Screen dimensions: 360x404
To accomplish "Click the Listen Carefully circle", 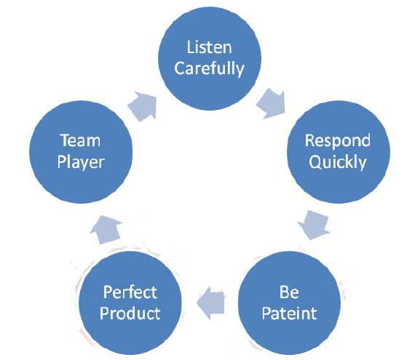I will point(210,59).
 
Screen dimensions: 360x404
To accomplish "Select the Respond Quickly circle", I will point(337,151).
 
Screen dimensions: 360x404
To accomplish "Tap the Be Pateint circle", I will point(289,304).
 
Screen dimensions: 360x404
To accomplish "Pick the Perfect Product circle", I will point(130,304).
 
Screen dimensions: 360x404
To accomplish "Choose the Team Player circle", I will point(80,151).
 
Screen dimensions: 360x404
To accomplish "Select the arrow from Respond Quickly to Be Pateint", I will point(314,223).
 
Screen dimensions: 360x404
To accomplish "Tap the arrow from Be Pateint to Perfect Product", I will point(212,303).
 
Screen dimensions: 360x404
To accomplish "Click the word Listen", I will point(210,48).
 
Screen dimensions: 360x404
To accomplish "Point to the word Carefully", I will point(210,70).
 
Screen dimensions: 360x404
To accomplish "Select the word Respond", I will point(337,140).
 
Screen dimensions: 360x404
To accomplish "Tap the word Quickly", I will point(337,162).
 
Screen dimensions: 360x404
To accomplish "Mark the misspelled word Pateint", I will point(289,316).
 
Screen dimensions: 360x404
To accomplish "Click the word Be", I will point(289,294).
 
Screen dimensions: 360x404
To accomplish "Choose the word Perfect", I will point(130,294).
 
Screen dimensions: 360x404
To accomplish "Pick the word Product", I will point(130,316).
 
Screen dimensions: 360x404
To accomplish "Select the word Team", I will point(80,140).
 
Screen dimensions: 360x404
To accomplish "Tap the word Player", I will point(80,161).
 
